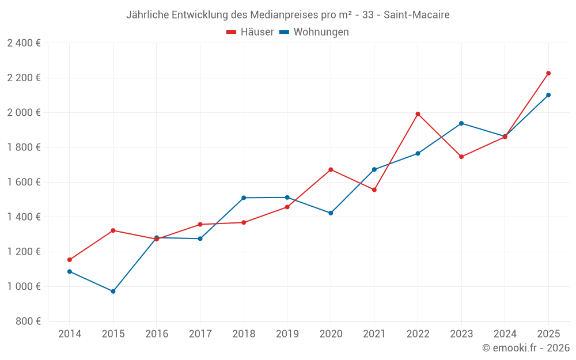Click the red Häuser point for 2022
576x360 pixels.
418,114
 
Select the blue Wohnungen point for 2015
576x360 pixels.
113,291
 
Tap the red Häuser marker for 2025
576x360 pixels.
548,73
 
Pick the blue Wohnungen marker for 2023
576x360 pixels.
461,123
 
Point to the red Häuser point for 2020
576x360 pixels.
331,169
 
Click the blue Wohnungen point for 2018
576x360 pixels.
244,198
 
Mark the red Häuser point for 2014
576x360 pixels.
70,260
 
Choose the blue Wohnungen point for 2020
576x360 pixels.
331,213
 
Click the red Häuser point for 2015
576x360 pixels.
113,230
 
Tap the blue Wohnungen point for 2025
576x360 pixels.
548,95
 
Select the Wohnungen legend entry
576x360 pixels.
314,32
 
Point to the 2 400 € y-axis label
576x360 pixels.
24,43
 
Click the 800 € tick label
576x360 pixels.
28,321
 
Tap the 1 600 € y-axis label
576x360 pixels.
24,182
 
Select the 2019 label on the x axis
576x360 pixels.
287,334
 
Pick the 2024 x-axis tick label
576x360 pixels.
505,334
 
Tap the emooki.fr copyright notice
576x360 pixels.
525,348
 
